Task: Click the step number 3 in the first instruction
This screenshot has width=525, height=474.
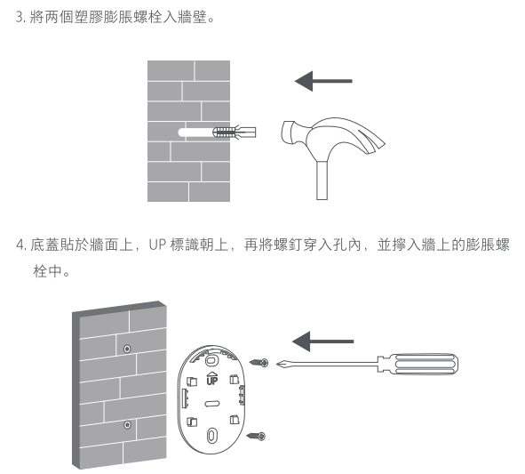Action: click(x=20, y=17)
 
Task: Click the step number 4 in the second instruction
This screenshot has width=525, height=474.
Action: click(x=20, y=245)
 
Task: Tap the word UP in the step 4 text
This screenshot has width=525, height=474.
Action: click(x=157, y=245)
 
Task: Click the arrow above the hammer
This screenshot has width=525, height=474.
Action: click(x=323, y=81)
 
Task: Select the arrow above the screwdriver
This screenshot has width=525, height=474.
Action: click(x=322, y=341)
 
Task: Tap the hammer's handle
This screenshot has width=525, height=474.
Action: click(x=322, y=180)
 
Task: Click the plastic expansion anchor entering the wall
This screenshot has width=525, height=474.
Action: click(x=235, y=133)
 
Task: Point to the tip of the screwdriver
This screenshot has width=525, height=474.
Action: click(x=277, y=364)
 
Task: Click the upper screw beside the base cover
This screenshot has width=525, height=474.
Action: click(x=259, y=362)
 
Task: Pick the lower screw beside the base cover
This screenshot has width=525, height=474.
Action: click(x=256, y=436)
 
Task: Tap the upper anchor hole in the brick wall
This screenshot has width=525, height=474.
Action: click(x=127, y=349)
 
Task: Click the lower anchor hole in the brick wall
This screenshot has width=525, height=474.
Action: click(x=127, y=425)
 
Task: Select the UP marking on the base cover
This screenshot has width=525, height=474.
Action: click(x=212, y=378)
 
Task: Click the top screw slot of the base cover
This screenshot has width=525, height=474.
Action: click(x=211, y=361)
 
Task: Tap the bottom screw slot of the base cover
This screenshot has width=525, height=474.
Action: click(x=211, y=436)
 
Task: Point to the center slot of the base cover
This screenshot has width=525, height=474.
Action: click(x=212, y=404)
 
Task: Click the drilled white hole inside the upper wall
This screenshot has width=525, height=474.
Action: click(x=197, y=133)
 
